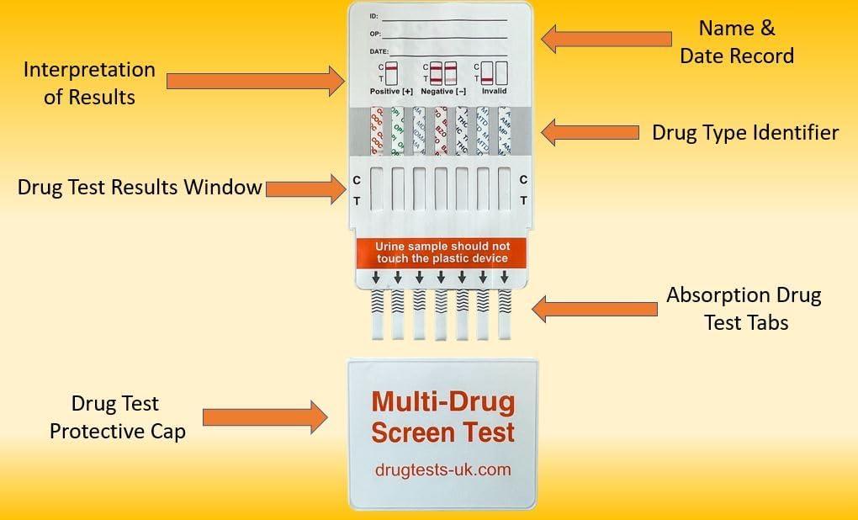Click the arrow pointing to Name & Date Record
click(x=606, y=38)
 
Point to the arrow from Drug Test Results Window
click(x=305, y=188)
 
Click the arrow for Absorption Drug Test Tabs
click(x=596, y=309)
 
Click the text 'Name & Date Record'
click(x=737, y=42)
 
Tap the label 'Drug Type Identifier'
click(x=745, y=133)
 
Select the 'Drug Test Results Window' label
click(x=140, y=188)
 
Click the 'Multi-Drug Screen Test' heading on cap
click(x=442, y=417)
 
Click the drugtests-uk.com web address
click(x=442, y=470)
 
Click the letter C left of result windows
click(x=357, y=180)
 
